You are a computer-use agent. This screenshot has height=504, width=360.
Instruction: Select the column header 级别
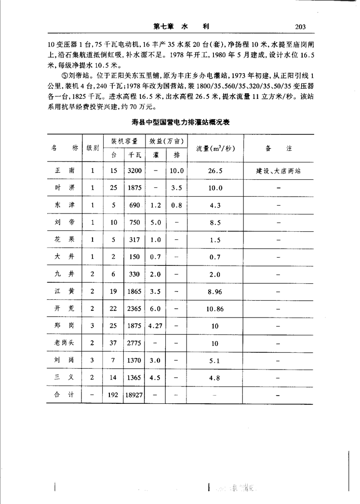93,148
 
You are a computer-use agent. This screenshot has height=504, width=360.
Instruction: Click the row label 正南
65,171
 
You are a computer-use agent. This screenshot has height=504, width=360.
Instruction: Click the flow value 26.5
215,171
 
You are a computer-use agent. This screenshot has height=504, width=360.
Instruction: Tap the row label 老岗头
65,343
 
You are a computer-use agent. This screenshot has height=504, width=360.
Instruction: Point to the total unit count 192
113,395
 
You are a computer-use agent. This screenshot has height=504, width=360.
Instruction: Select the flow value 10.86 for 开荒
215,309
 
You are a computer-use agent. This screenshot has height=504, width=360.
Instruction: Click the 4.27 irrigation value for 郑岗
155,326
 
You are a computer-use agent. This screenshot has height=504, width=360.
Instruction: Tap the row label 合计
65,395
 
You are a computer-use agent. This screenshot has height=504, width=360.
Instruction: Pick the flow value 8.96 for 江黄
215,292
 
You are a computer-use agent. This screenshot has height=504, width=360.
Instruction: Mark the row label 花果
65,239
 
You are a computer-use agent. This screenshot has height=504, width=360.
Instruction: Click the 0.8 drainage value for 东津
176,205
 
